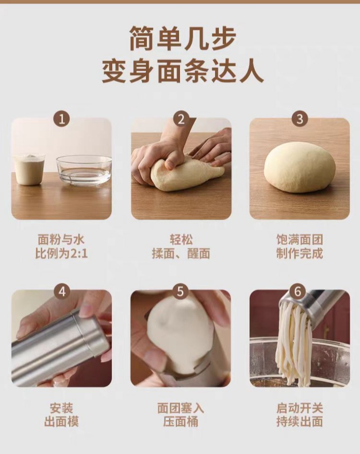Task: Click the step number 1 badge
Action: (x=62, y=118)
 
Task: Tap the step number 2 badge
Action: (x=181, y=118)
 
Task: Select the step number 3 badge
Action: (x=299, y=118)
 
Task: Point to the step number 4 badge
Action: (x=62, y=291)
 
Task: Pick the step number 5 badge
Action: (x=180, y=291)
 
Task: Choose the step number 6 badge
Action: (x=298, y=291)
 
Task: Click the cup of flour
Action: (x=29, y=169)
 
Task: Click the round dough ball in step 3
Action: (x=300, y=167)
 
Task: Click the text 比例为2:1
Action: (x=62, y=254)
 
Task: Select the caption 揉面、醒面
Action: (x=181, y=254)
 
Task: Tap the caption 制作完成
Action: (x=299, y=254)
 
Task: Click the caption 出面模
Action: (x=62, y=422)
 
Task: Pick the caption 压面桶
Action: (x=181, y=422)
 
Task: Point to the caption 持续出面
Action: (x=299, y=422)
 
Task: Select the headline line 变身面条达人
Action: (x=182, y=71)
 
